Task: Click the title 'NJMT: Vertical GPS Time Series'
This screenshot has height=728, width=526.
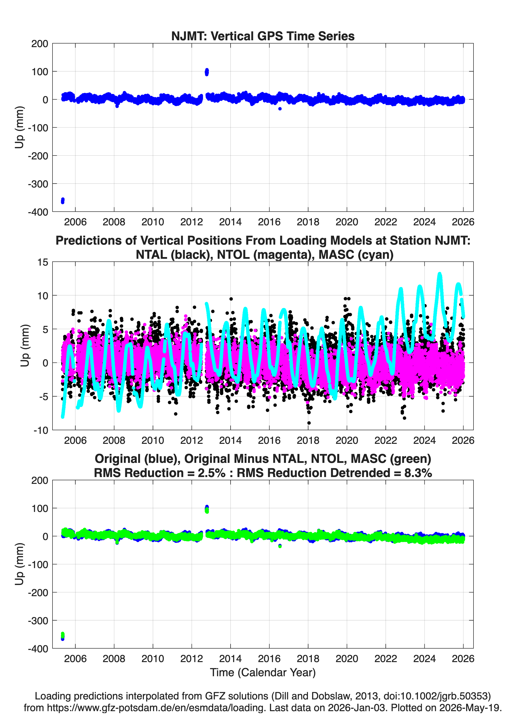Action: pyautogui.click(x=263, y=36)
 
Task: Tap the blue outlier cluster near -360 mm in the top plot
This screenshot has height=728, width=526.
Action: pyautogui.click(x=63, y=201)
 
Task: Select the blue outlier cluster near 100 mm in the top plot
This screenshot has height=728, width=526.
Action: pyautogui.click(x=207, y=72)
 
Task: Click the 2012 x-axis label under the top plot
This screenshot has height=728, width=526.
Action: pyautogui.click(x=192, y=222)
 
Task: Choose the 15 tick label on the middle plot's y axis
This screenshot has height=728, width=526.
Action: pyautogui.click(x=43, y=262)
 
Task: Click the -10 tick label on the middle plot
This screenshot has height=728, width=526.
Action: pyautogui.click(x=41, y=430)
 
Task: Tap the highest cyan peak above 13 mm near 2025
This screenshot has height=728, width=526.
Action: pyautogui.click(x=440, y=275)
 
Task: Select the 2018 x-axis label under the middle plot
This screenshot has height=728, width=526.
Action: pyautogui.click(x=308, y=440)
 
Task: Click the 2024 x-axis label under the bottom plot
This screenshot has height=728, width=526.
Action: pyautogui.click(x=424, y=658)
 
